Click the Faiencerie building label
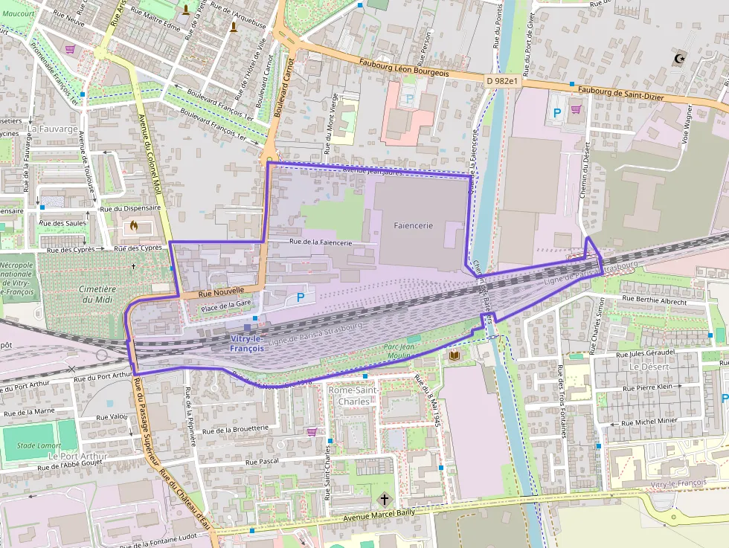[x=413, y=225]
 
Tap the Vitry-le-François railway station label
[x=246, y=344]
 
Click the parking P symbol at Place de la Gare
[x=301, y=297]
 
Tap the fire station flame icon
[x=134, y=225]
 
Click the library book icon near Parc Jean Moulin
[x=455, y=356]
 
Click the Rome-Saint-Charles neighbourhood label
[x=353, y=396]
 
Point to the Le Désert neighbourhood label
[x=644, y=367]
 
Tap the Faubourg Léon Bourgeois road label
[x=403, y=68]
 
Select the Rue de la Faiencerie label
[x=321, y=242]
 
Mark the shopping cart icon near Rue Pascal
[x=312, y=431]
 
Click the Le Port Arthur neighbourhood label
[x=77, y=456]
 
